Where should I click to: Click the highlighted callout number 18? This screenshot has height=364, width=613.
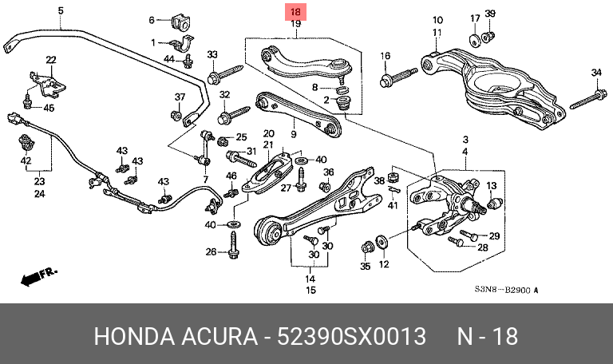[295, 13]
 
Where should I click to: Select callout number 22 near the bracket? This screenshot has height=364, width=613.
[50, 60]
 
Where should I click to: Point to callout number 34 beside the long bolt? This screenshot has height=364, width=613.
[595, 73]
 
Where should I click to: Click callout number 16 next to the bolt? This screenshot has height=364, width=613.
[385, 56]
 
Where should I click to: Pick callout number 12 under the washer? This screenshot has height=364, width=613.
[383, 264]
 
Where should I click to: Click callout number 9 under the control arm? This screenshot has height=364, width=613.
[294, 122]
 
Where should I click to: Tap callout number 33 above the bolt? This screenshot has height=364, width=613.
[212, 54]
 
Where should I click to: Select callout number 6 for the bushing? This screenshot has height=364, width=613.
[152, 19]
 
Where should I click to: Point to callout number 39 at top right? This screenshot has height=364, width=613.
[490, 14]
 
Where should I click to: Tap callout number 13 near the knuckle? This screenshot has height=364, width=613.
[491, 186]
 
